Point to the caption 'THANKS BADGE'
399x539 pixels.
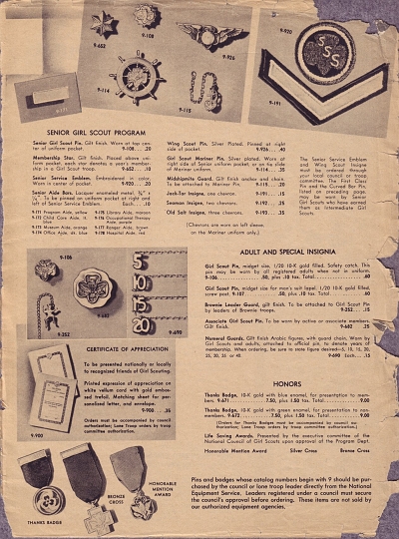pyautogui.click(x=47, y=524)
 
